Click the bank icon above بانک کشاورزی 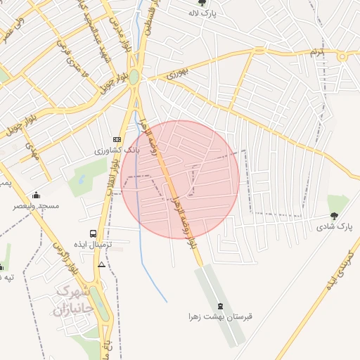[x=117, y=140]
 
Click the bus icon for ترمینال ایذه [x=93, y=233]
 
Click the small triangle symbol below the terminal [x=102, y=265]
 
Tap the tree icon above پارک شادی [x=334, y=216]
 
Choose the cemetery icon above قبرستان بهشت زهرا [x=221, y=306]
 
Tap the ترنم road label [x=318, y=53]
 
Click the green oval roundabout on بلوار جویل [x=134, y=77]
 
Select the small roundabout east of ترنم [x=343, y=57]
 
